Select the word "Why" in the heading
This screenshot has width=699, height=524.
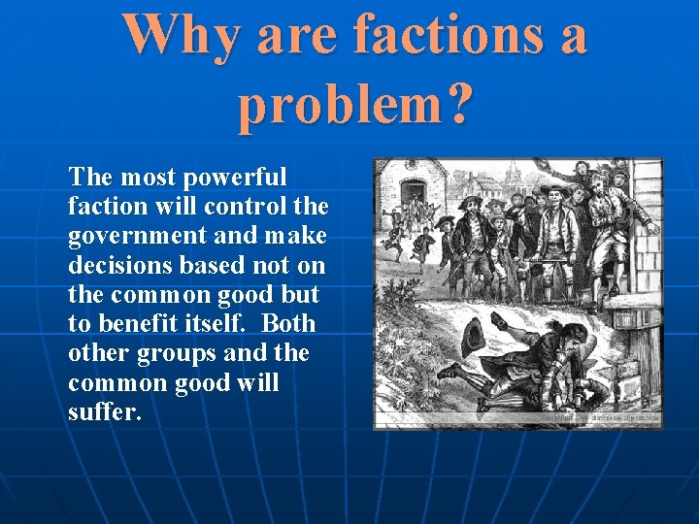coord(183,35)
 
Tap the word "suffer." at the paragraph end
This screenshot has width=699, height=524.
coord(105,411)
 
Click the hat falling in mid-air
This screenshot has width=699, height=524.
coord(475,335)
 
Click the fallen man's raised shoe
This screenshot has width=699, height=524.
coord(448,370)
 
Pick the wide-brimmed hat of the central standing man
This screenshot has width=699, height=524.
coord(555,190)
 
